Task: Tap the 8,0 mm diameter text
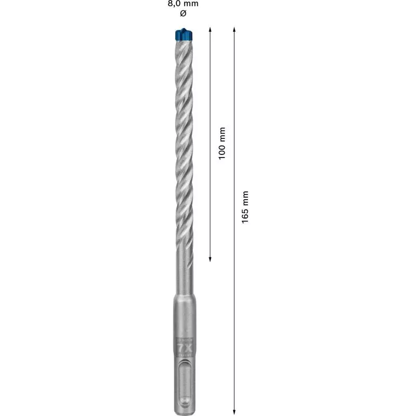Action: (183, 4)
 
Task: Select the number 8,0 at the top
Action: (174, 4)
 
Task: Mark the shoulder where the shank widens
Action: (183, 297)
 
